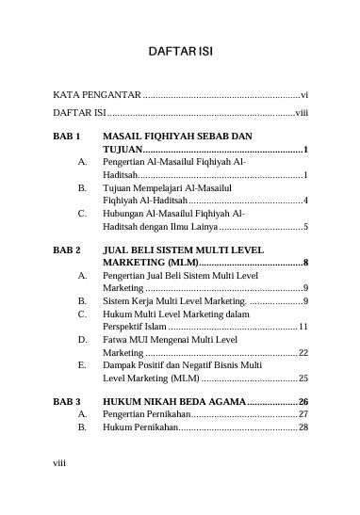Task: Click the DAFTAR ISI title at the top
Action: [179, 50]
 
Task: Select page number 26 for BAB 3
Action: [303, 401]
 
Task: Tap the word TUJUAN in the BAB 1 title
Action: [123, 150]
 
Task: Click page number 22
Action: [303, 352]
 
